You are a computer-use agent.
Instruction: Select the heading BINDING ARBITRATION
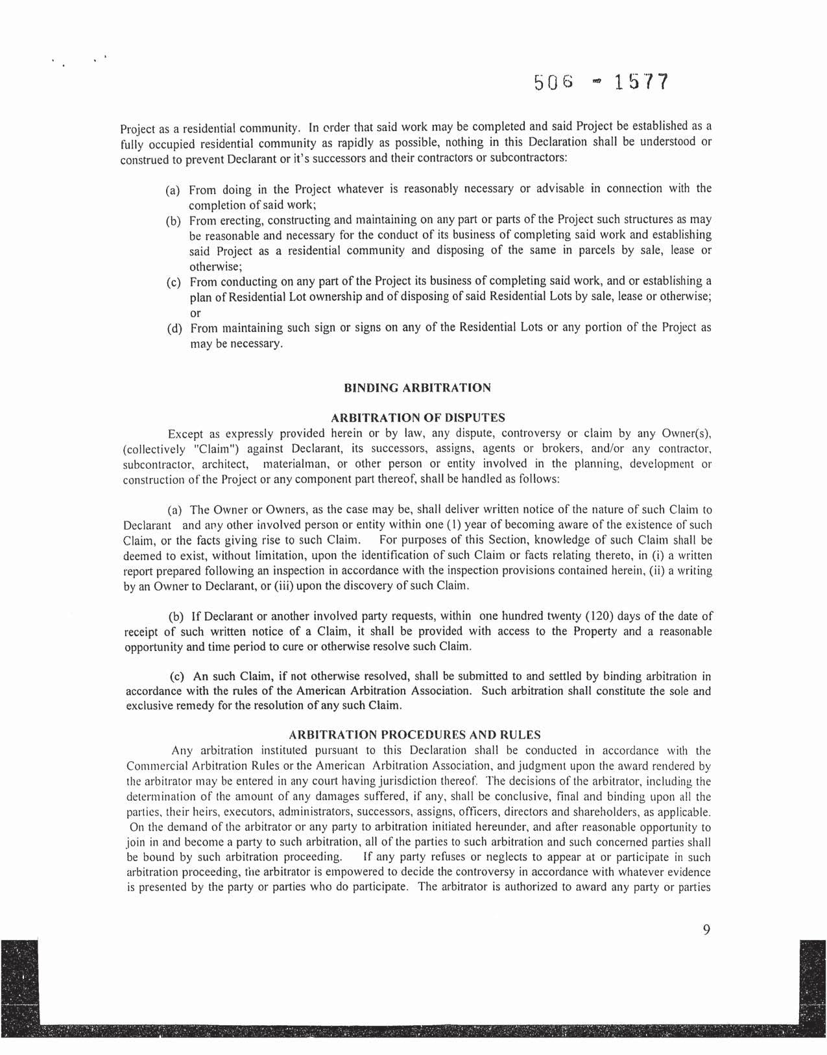(x=416, y=388)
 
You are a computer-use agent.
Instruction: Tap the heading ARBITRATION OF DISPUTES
(x=417, y=418)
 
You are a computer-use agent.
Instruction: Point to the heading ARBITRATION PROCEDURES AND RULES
(x=414, y=735)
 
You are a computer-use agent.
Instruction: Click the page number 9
(x=706, y=930)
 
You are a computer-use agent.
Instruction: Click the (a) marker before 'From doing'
(x=173, y=191)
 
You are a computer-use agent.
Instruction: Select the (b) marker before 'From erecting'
(x=173, y=222)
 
